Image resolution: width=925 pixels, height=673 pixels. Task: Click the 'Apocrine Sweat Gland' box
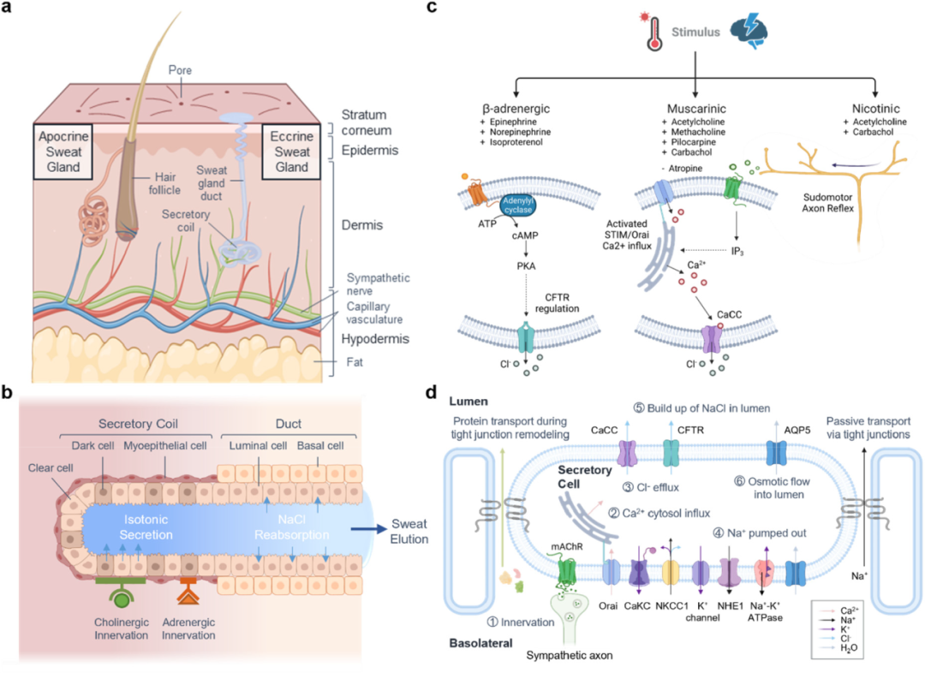63,152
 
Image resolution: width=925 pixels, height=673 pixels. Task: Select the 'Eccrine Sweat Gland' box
291,152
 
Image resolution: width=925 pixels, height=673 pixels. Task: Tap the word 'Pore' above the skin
180,70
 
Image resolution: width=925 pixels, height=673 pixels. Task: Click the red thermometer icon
653,33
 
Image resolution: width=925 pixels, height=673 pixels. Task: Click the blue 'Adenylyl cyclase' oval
518,205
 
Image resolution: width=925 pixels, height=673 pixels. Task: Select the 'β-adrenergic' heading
516,109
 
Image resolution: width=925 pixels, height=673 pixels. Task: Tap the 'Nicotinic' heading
875,109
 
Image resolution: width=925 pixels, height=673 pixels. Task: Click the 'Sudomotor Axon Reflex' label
827,203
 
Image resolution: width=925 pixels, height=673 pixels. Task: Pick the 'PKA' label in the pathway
526,266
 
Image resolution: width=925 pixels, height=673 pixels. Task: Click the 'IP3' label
737,251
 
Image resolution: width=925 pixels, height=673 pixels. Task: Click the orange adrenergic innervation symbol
188,591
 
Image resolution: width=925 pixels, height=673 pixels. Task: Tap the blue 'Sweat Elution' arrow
368,529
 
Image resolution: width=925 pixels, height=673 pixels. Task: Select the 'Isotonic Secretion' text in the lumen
146,527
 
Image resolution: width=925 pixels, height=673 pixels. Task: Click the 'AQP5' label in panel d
797,431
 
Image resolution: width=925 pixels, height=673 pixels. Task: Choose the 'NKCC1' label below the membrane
671,605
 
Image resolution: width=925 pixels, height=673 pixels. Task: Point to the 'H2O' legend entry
848,647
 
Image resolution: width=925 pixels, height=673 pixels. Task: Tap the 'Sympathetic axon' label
570,655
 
